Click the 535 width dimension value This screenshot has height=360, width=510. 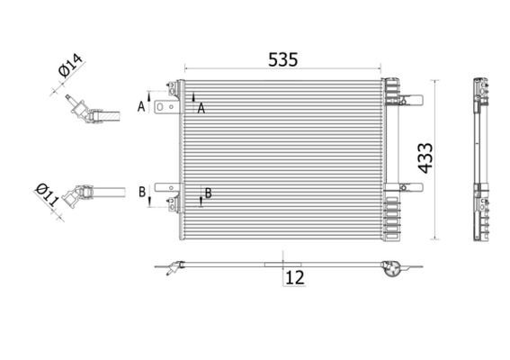[x=282, y=59]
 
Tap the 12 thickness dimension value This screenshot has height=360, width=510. [x=293, y=278]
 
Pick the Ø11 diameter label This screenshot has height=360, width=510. [x=47, y=194]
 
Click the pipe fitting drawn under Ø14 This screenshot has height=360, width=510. [x=87, y=112]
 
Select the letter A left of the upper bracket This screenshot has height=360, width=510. [x=141, y=105]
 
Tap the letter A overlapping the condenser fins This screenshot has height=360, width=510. [x=201, y=107]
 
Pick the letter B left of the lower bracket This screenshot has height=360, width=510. [x=141, y=192]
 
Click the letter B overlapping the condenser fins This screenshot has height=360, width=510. [x=208, y=193]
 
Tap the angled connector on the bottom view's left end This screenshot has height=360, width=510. [x=171, y=267]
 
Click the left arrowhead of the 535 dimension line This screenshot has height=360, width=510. [x=187, y=67]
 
